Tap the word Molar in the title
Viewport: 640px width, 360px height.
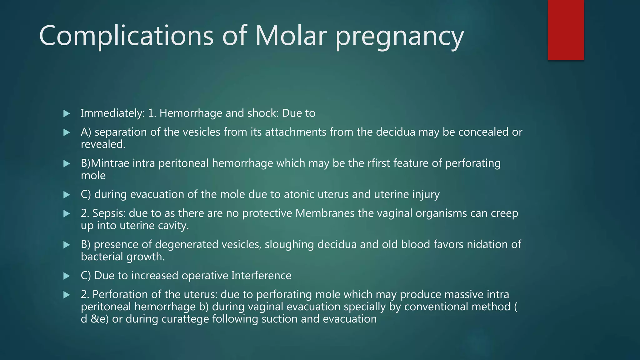pyautogui.click(x=291, y=36)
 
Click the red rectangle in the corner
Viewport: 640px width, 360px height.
pyautogui.click(x=566, y=30)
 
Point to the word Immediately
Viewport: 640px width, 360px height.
pyautogui.click(x=112, y=113)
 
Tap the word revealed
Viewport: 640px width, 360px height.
pyautogui.click(x=103, y=144)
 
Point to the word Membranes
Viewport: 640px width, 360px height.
pyautogui.click(x=325, y=213)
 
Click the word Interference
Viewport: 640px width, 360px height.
pyautogui.click(x=261, y=276)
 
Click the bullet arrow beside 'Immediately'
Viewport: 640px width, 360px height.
pyautogui.click(x=67, y=113)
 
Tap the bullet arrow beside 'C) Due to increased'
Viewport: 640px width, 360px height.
pyautogui.click(x=67, y=276)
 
